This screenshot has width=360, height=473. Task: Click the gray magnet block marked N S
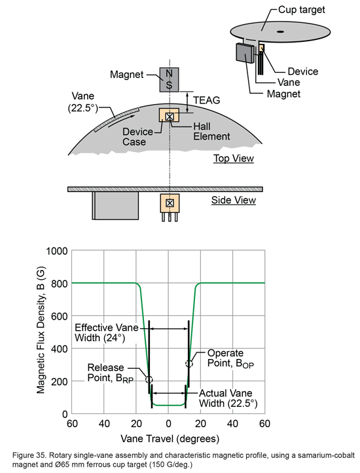point(170,79)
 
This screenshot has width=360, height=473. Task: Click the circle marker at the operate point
point(189,364)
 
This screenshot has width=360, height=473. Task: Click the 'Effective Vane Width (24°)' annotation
point(105,333)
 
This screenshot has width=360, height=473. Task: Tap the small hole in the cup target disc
point(280,30)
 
